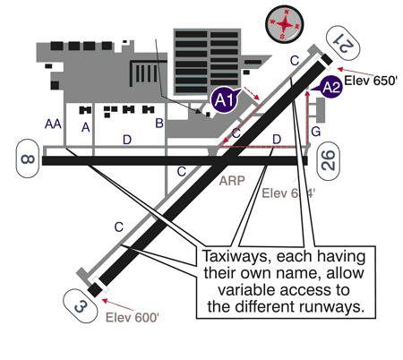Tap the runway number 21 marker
coord(341,40)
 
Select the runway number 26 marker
coord(329,160)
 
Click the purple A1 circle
coord(226,102)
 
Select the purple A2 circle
coord(330,87)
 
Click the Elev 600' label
coord(134,316)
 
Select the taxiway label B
coord(159,123)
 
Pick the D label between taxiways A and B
coord(126,139)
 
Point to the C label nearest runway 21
coord(294,60)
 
